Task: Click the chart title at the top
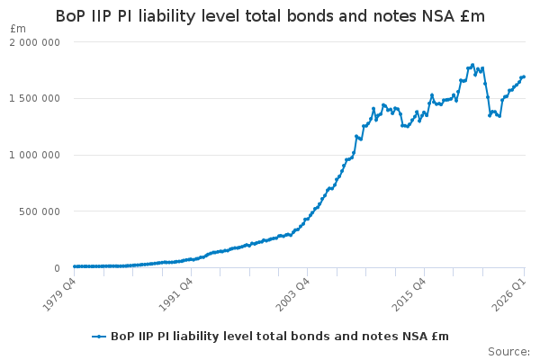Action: point(270,16)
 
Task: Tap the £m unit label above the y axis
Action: point(18,29)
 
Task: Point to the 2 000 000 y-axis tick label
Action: point(34,42)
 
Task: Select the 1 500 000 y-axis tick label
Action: point(34,98)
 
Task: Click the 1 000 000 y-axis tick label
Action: point(34,155)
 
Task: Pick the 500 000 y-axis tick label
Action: point(40,211)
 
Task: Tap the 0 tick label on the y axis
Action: point(58,268)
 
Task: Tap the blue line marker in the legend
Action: point(99,337)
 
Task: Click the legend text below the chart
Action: point(280,337)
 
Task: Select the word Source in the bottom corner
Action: point(508,352)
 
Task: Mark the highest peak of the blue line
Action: point(472,65)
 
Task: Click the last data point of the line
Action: point(524,76)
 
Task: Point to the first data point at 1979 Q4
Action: point(75,266)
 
